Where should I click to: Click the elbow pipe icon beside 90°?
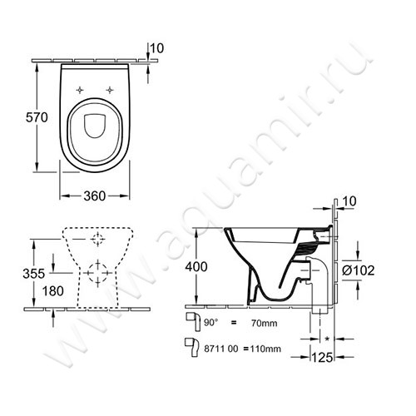pos(191,319)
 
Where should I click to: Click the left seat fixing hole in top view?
pos(79,88)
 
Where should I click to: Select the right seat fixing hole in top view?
pos(109,88)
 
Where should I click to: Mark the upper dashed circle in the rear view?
pos(97,240)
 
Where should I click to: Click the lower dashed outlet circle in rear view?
pos(97,272)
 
